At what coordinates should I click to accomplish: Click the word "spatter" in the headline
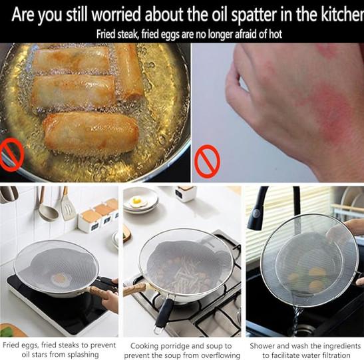point(254,15)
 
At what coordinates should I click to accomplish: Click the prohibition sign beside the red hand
point(207,161)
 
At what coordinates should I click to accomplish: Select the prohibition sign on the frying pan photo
point(11,154)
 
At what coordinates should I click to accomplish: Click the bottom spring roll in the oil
point(91,132)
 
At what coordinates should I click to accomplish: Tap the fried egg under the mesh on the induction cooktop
point(61,279)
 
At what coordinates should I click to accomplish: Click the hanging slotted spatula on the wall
point(67,204)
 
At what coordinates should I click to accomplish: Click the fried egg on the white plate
point(137,202)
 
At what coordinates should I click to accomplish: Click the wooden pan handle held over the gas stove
point(134,289)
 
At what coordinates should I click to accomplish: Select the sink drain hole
point(306,329)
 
